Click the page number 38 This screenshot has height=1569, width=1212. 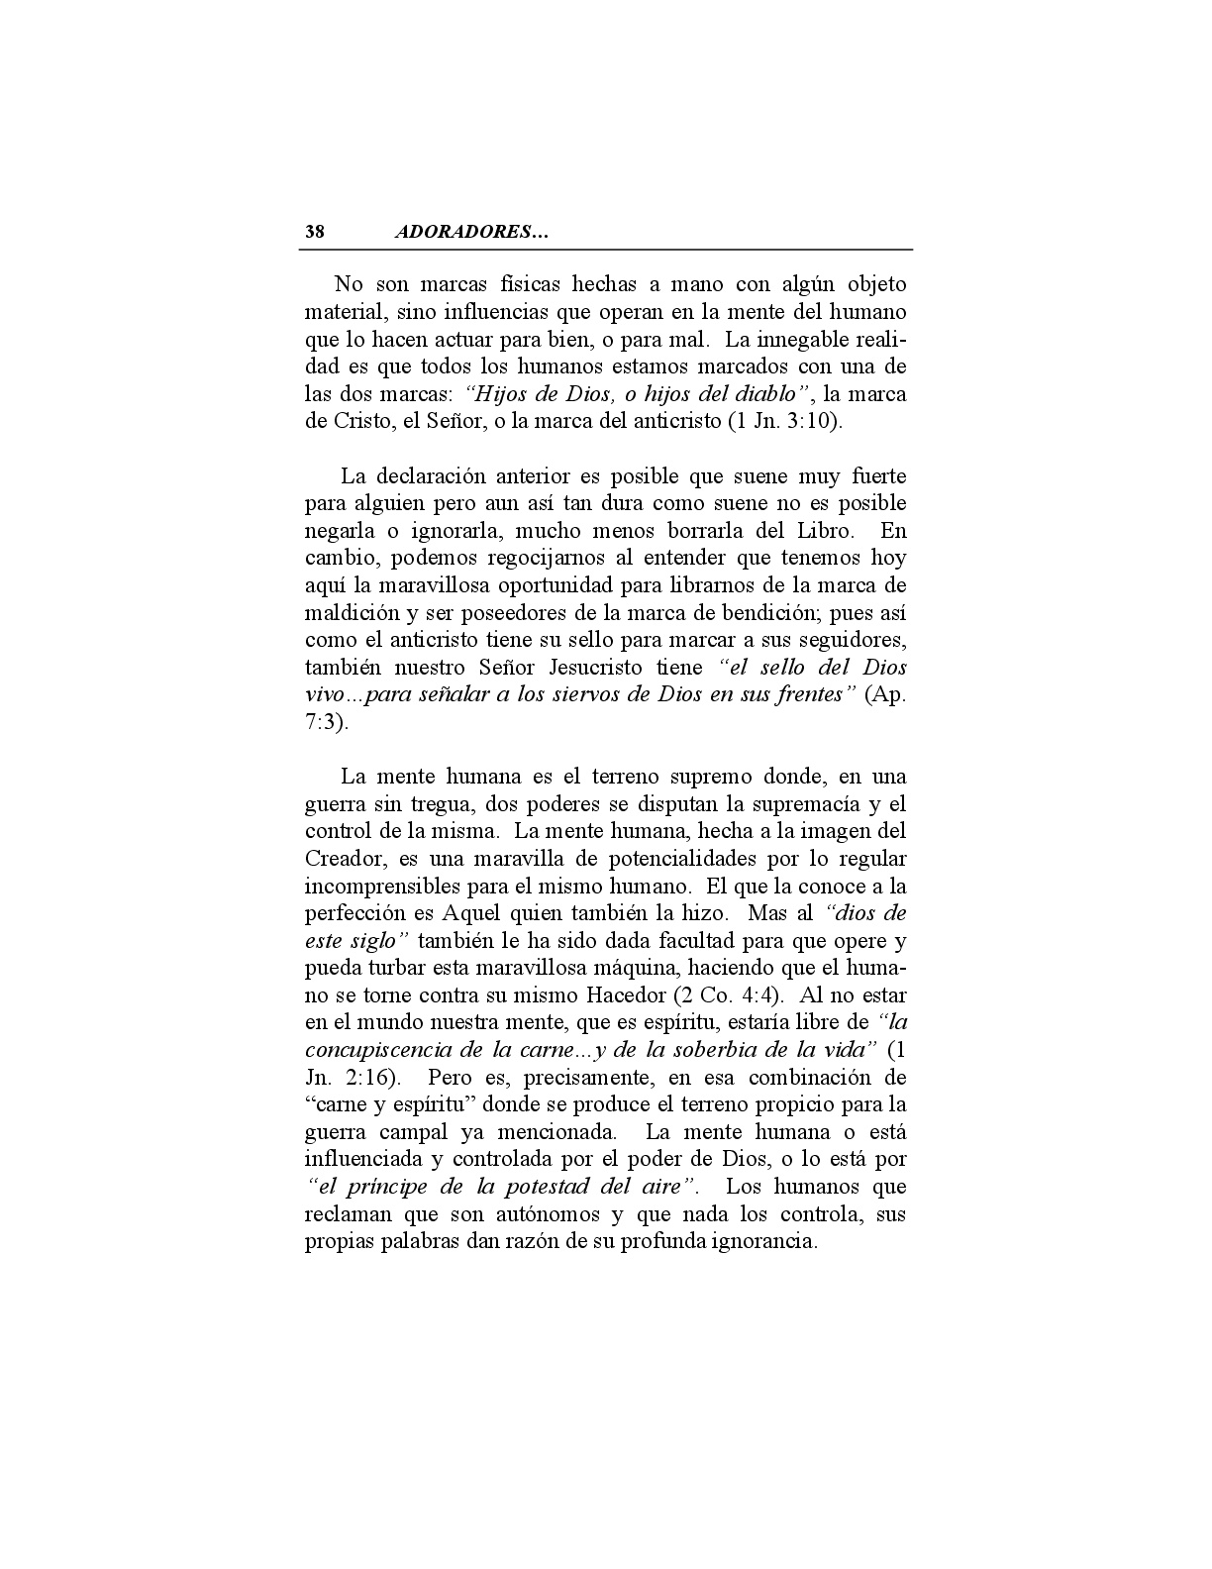pyautogui.click(x=315, y=233)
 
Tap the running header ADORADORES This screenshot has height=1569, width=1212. pyautogui.click(x=470, y=233)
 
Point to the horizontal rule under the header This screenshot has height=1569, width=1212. pyautogui.click(x=608, y=250)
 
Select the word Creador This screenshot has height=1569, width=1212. pyautogui.click(x=340, y=858)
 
